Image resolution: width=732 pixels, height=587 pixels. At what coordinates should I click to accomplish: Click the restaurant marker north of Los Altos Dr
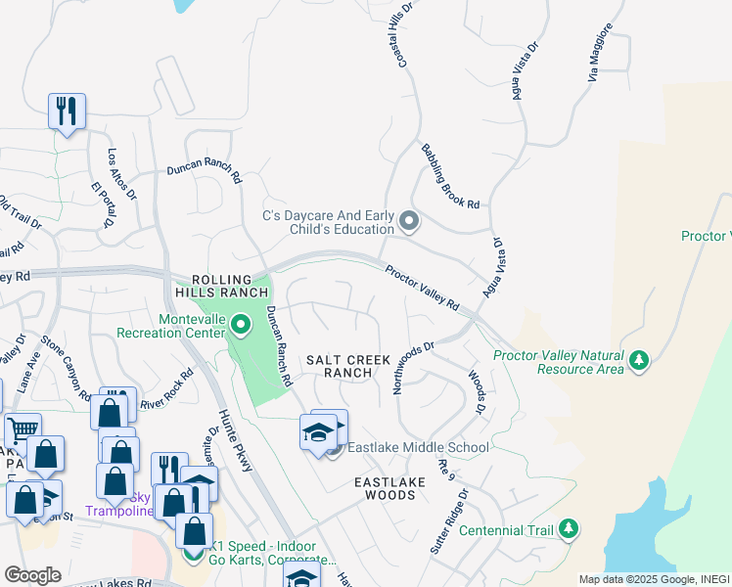tap(67, 111)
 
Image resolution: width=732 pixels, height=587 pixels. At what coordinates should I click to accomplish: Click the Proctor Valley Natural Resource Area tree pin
tap(639, 360)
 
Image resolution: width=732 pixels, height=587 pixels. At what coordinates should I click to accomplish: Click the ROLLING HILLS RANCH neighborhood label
tap(221, 286)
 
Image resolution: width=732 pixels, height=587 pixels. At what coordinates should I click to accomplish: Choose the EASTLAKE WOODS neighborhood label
tap(385, 489)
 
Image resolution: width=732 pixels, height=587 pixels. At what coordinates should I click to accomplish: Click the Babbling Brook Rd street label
tap(451, 177)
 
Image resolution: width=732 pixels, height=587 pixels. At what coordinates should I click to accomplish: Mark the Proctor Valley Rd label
tap(422, 289)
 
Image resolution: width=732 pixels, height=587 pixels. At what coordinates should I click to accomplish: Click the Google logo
tap(32, 574)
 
